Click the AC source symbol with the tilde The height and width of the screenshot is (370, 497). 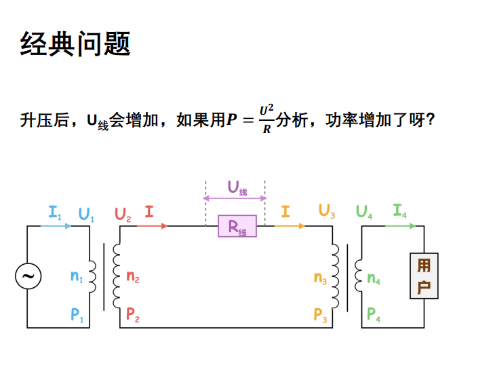28,276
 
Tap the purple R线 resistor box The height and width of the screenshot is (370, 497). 237,226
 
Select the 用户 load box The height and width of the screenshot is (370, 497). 424,276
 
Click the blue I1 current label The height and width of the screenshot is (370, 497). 55,212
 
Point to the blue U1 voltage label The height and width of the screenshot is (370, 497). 86,214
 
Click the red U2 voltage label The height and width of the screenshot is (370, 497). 123,214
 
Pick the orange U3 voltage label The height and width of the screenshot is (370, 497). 327,212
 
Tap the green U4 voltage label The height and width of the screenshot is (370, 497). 364,212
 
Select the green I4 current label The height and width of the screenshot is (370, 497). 400,211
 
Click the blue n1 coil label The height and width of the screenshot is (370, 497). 77,276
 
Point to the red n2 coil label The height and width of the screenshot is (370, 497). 133,276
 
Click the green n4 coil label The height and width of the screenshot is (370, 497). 374,278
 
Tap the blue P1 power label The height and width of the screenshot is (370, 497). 77,315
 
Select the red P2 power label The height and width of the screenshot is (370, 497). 133,315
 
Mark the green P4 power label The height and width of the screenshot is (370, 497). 374,315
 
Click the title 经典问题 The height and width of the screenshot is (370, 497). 75,43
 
